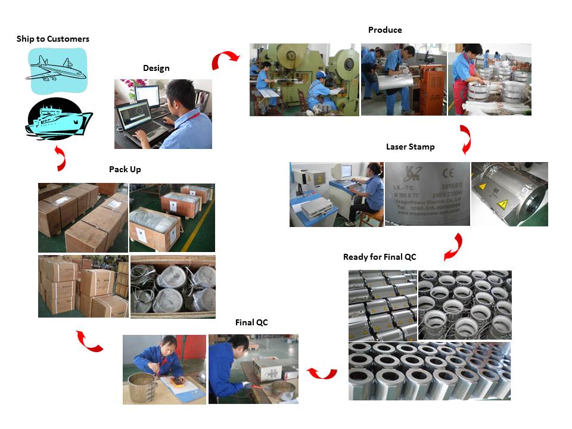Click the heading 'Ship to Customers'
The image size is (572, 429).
pyautogui.click(x=53, y=39)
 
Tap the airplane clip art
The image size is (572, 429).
pyautogui.click(x=57, y=70)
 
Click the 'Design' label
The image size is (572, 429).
pyautogui.click(x=156, y=68)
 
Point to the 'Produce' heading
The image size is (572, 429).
pyautogui.click(x=385, y=30)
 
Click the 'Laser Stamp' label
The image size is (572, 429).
pyautogui.click(x=410, y=147)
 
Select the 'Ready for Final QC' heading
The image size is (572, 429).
pyautogui.click(x=380, y=257)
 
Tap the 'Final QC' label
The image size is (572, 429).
pyautogui.click(x=251, y=322)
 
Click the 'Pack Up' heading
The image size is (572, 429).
pyautogui.click(x=125, y=169)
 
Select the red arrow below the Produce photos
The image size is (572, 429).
pyautogui.click(x=465, y=139)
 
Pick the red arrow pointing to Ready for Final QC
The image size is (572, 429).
pyautogui.click(x=453, y=246)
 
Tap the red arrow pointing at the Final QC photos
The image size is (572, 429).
pyautogui.click(x=322, y=373)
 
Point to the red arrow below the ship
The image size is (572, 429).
pyautogui.click(x=60, y=157)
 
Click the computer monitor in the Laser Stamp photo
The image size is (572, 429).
pyautogui.click(x=336, y=173)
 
